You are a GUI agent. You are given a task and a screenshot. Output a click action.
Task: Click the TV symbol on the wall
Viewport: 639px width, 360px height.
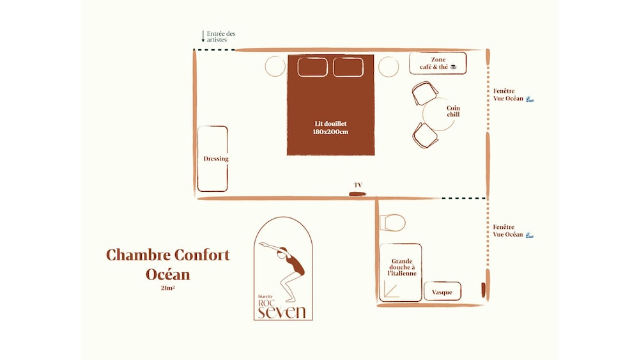tap(357, 194)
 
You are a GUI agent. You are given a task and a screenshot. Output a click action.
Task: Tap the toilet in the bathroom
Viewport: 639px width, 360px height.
tap(392, 223)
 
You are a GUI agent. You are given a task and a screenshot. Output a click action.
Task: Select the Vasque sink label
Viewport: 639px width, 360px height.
tap(442, 292)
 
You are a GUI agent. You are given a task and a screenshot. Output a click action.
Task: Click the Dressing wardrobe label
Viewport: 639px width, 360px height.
tap(216, 159)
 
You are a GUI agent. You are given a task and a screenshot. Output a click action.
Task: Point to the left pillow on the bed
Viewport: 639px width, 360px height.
tap(312, 67)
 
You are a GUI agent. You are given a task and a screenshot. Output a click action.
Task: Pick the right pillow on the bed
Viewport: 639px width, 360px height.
tap(348, 67)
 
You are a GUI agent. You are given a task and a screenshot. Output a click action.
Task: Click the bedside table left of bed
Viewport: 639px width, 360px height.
tap(275, 67)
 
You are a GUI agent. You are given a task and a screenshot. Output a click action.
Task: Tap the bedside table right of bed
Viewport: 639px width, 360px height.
tap(389, 67)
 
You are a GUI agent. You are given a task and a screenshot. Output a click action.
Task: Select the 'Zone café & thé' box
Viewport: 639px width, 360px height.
tap(438, 63)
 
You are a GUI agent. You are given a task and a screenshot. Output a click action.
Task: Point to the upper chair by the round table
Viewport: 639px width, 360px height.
tap(425, 93)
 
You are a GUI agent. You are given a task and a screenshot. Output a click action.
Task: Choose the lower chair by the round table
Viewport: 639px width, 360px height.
tap(426, 136)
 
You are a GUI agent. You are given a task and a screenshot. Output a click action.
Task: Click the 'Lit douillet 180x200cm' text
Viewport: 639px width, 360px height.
tap(330, 128)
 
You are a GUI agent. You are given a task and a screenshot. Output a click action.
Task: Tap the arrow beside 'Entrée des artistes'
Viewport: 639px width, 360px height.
tap(203, 36)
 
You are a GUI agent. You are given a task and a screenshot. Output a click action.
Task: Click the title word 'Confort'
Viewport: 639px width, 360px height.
tap(199, 254)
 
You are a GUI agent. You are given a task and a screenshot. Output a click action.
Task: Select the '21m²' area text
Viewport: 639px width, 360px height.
tap(168, 288)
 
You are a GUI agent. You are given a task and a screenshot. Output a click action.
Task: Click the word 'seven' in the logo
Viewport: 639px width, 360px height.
tap(282, 312)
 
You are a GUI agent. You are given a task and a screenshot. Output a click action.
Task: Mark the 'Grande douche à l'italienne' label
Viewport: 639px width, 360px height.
tap(402, 267)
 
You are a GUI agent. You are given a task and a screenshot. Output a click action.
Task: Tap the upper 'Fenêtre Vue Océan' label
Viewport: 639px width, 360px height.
tap(508, 95)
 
